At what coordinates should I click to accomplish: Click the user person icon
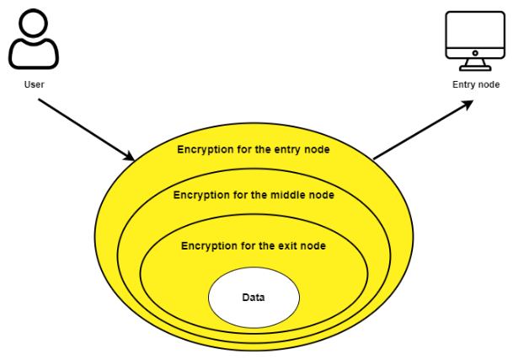click(x=34, y=40)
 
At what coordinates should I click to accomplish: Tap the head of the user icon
click(x=34, y=23)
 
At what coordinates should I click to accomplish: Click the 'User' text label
click(x=34, y=84)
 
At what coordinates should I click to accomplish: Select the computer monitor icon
click(x=475, y=40)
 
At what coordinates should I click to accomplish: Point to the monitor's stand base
click(x=475, y=68)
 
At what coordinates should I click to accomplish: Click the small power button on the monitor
click(x=475, y=53)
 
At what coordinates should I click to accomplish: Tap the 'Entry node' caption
click(x=476, y=84)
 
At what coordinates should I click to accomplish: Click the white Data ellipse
click(x=254, y=298)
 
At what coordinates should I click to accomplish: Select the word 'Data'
click(x=254, y=297)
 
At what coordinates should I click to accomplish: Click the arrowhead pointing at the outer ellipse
click(x=129, y=156)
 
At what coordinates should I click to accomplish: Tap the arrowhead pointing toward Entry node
click(x=468, y=105)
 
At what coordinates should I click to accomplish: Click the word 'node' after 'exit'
click(x=313, y=246)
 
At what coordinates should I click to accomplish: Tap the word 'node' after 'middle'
click(x=321, y=195)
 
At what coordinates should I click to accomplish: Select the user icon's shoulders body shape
click(x=34, y=55)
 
